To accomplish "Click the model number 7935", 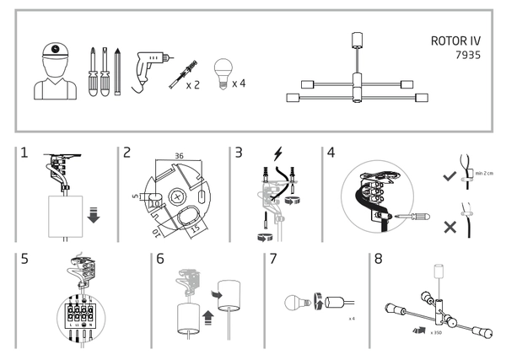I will (465, 53).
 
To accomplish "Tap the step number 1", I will (24, 153).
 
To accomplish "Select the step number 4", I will (331, 153).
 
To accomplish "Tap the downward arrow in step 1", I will (93, 216).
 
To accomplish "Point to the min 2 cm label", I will (484, 173).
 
